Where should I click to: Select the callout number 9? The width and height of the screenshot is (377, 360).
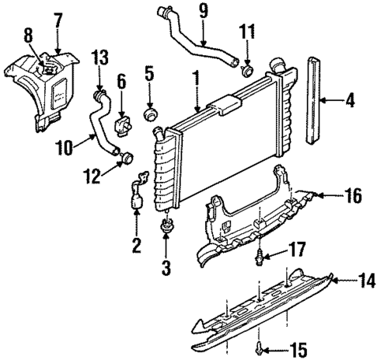tap(202, 12)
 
